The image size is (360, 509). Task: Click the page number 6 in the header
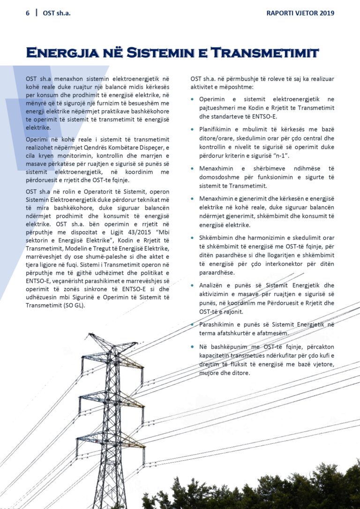[28, 13]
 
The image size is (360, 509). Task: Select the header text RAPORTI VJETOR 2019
[300, 13]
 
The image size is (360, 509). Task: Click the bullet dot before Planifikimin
[193, 129]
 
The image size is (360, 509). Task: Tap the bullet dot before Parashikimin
[193, 324]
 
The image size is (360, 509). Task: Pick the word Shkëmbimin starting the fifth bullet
[216, 238]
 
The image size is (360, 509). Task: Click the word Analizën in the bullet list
[212, 285]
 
